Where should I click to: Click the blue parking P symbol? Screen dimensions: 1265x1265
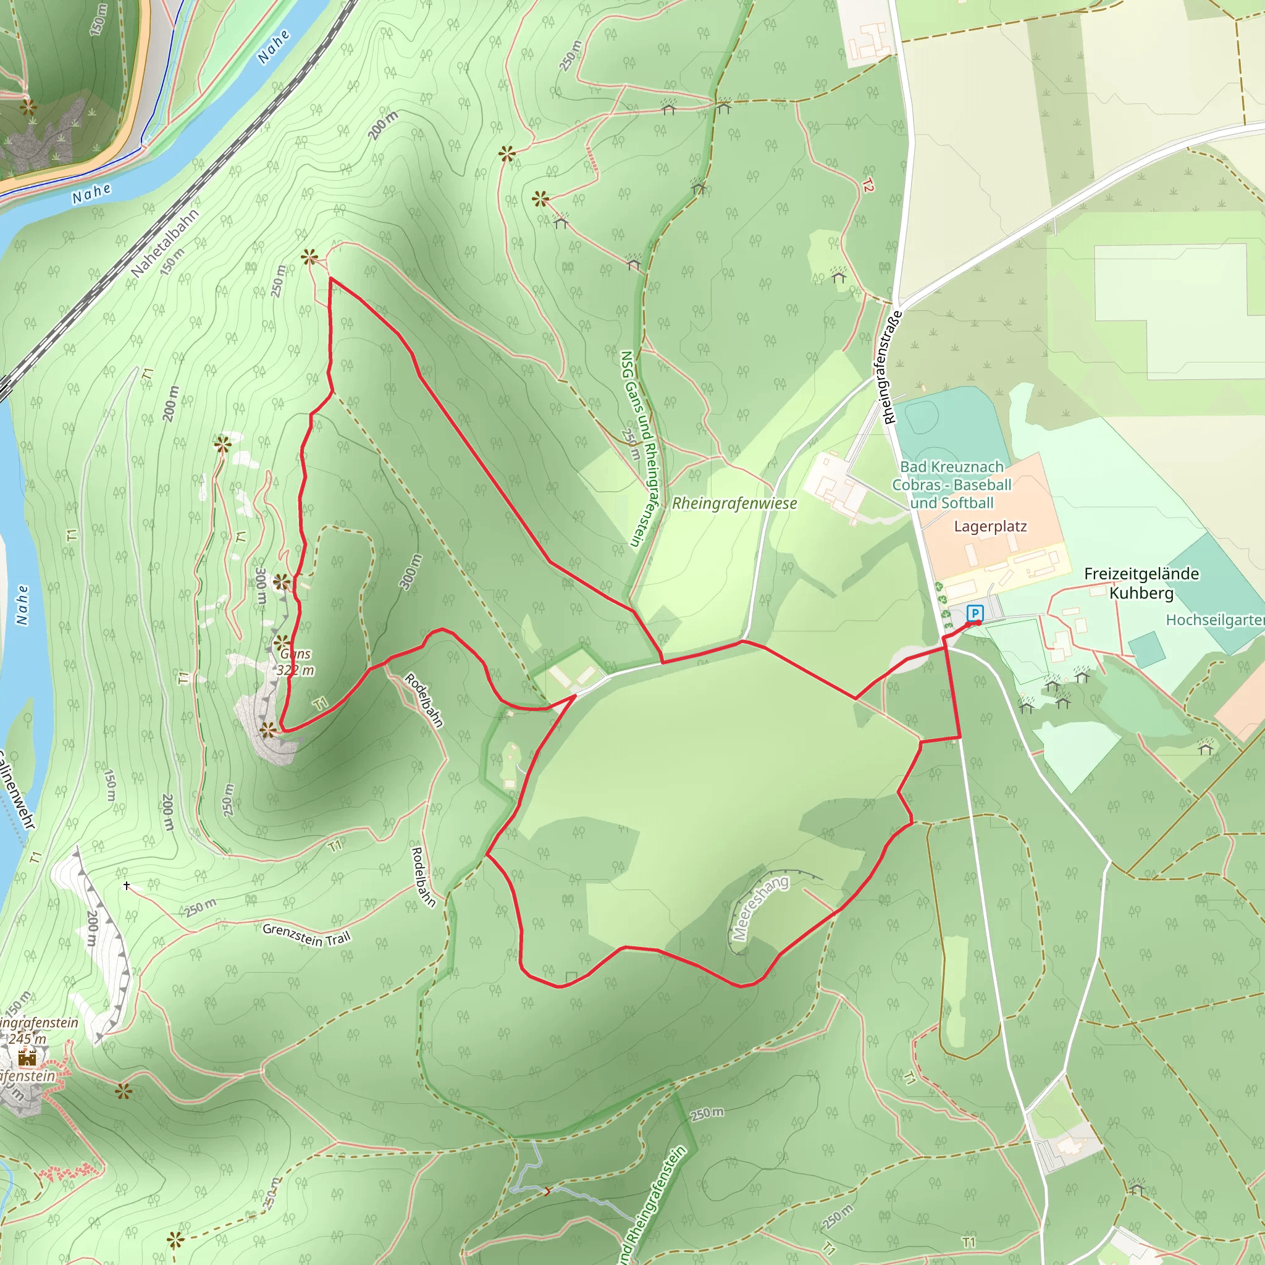point(975,613)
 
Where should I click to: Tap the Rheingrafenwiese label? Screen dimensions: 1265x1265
point(734,503)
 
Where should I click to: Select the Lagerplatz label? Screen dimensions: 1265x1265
point(990,526)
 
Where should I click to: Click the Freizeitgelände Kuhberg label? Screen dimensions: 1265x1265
point(1141,582)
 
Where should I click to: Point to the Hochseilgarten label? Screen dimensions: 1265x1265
point(1214,620)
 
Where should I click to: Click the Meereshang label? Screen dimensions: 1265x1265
point(760,907)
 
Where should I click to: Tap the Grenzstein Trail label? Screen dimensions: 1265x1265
point(306,935)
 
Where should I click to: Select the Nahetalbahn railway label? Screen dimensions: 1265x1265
point(164,243)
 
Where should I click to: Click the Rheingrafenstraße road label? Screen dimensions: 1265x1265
point(892,368)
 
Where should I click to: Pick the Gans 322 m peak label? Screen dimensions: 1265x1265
point(295,662)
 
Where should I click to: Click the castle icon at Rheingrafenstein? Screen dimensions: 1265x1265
point(27,1057)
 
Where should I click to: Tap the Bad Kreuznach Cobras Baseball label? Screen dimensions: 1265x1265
point(951,484)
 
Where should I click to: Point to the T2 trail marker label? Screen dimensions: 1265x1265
point(868,186)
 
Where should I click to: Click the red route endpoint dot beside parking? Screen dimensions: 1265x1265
point(978,623)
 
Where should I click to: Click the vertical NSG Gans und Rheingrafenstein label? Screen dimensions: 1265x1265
point(640,448)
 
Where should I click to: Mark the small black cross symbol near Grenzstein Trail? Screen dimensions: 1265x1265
point(127,885)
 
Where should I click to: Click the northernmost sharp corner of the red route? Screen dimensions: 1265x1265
point(330,279)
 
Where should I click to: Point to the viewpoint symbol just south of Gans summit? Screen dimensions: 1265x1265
point(268,729)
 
